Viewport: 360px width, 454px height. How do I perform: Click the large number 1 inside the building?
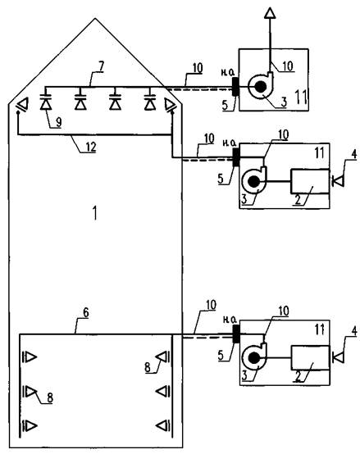94,213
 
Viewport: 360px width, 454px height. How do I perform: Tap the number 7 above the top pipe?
101,66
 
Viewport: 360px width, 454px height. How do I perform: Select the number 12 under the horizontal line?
90,148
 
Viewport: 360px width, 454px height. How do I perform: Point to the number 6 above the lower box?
86,313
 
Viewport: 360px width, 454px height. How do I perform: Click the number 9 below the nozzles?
58,122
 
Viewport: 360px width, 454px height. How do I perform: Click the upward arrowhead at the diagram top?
270,13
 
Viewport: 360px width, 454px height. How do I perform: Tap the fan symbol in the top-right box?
261,86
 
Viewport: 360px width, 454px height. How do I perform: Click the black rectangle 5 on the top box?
235,86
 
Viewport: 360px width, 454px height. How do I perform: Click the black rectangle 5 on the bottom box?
236,334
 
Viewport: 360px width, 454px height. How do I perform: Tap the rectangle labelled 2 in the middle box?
310,181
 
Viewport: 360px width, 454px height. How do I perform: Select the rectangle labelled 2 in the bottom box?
310,357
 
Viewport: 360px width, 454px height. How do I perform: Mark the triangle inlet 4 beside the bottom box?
338,358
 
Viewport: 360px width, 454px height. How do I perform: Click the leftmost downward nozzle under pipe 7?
46,101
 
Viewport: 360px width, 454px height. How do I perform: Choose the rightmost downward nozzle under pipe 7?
150,101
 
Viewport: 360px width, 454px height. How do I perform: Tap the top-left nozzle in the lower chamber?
30,357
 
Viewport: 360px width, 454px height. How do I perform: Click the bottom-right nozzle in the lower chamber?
163,425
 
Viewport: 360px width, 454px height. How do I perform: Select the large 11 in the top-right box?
300,97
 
